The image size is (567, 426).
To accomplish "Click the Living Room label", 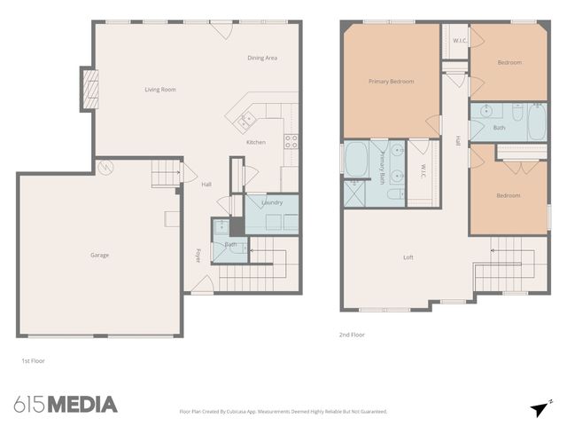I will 160,89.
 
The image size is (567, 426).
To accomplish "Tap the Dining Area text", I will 262,58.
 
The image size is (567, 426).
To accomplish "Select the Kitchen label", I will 255,142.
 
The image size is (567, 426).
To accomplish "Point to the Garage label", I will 99,255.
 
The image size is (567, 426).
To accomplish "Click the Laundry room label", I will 272,202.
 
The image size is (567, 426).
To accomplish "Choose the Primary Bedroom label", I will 391,81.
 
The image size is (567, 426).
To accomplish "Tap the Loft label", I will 408,257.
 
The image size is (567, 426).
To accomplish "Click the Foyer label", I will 198,256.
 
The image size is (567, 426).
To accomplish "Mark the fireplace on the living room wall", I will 89,89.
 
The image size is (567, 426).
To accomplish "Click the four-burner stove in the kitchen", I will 291,140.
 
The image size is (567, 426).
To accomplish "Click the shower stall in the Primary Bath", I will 355,193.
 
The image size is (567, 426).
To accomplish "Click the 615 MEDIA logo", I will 66,405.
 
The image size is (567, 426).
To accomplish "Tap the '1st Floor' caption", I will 33,361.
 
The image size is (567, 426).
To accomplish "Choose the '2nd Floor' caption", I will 351,335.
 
